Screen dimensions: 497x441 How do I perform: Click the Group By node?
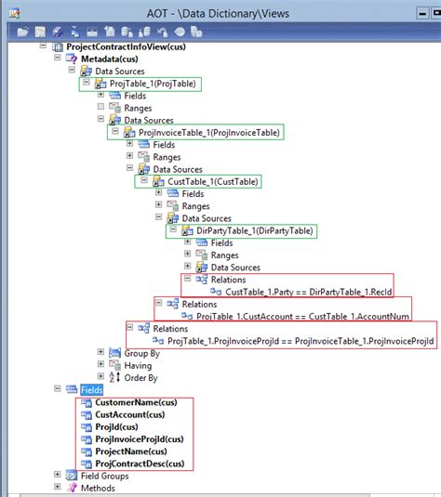140,353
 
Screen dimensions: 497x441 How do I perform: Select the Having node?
138,365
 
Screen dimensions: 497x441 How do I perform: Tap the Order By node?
140,378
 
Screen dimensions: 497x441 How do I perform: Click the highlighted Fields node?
91,390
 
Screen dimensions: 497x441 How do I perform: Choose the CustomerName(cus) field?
136,403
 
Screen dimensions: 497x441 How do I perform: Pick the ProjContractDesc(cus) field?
140,464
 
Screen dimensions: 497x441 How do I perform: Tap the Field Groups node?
102,476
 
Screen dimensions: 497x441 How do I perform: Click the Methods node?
98,488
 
